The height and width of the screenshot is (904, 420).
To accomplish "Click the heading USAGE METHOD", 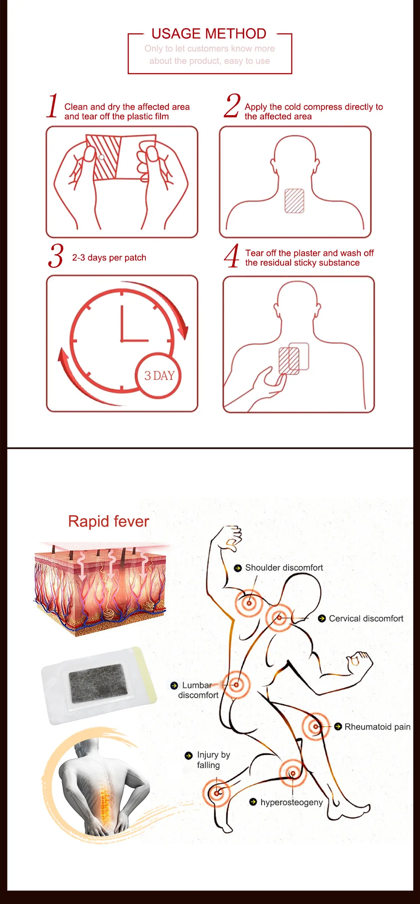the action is click(x=209, y=34).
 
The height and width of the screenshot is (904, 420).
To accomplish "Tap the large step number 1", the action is click(x=52, y=106).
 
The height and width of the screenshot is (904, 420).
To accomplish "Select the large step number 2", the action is click(x=232, y=106).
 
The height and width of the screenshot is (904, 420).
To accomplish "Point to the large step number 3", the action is click(x=55, y=256).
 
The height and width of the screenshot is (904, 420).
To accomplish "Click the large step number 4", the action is click(x=231, y=256).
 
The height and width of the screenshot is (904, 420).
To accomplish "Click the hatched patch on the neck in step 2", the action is click(x=294, y=201).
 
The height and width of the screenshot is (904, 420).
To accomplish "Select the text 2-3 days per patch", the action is click(x=109, y=258).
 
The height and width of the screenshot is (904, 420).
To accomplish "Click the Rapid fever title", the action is click(x=108, y=521).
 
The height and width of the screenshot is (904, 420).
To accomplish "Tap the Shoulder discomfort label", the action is click(x=284, y=568).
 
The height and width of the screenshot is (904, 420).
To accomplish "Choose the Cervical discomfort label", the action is click(x=366, y=619).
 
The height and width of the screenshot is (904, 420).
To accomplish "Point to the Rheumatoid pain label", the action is click(x=377, y=727).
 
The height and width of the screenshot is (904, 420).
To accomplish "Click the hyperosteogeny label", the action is click(x=291, y=802).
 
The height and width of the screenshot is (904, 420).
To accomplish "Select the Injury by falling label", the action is click(x=213, y=760).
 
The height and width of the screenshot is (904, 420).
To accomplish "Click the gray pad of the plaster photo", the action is click(x=98, y=683).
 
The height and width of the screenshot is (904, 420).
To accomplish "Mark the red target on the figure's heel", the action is click(x=217, y=793).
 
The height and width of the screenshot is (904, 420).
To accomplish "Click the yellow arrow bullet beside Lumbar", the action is click(x=174, y=685).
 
